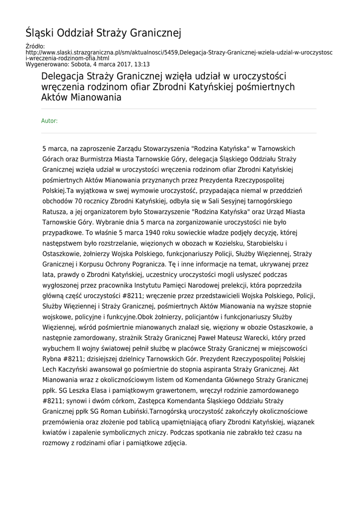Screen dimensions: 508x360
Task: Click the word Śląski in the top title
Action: pyautogui.click(x=40, y=33)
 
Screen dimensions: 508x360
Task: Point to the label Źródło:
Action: pyautogui.click(x=35, y=46)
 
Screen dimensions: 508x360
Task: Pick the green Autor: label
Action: pyautogui.click(x=50, y=121)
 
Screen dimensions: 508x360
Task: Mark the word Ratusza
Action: pyautogui.click(x=56, y=211)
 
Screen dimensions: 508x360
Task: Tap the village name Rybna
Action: pyautogui.click(x=53, y=359)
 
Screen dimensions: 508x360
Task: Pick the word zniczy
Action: pyautogui.click(x=147, y=432)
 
